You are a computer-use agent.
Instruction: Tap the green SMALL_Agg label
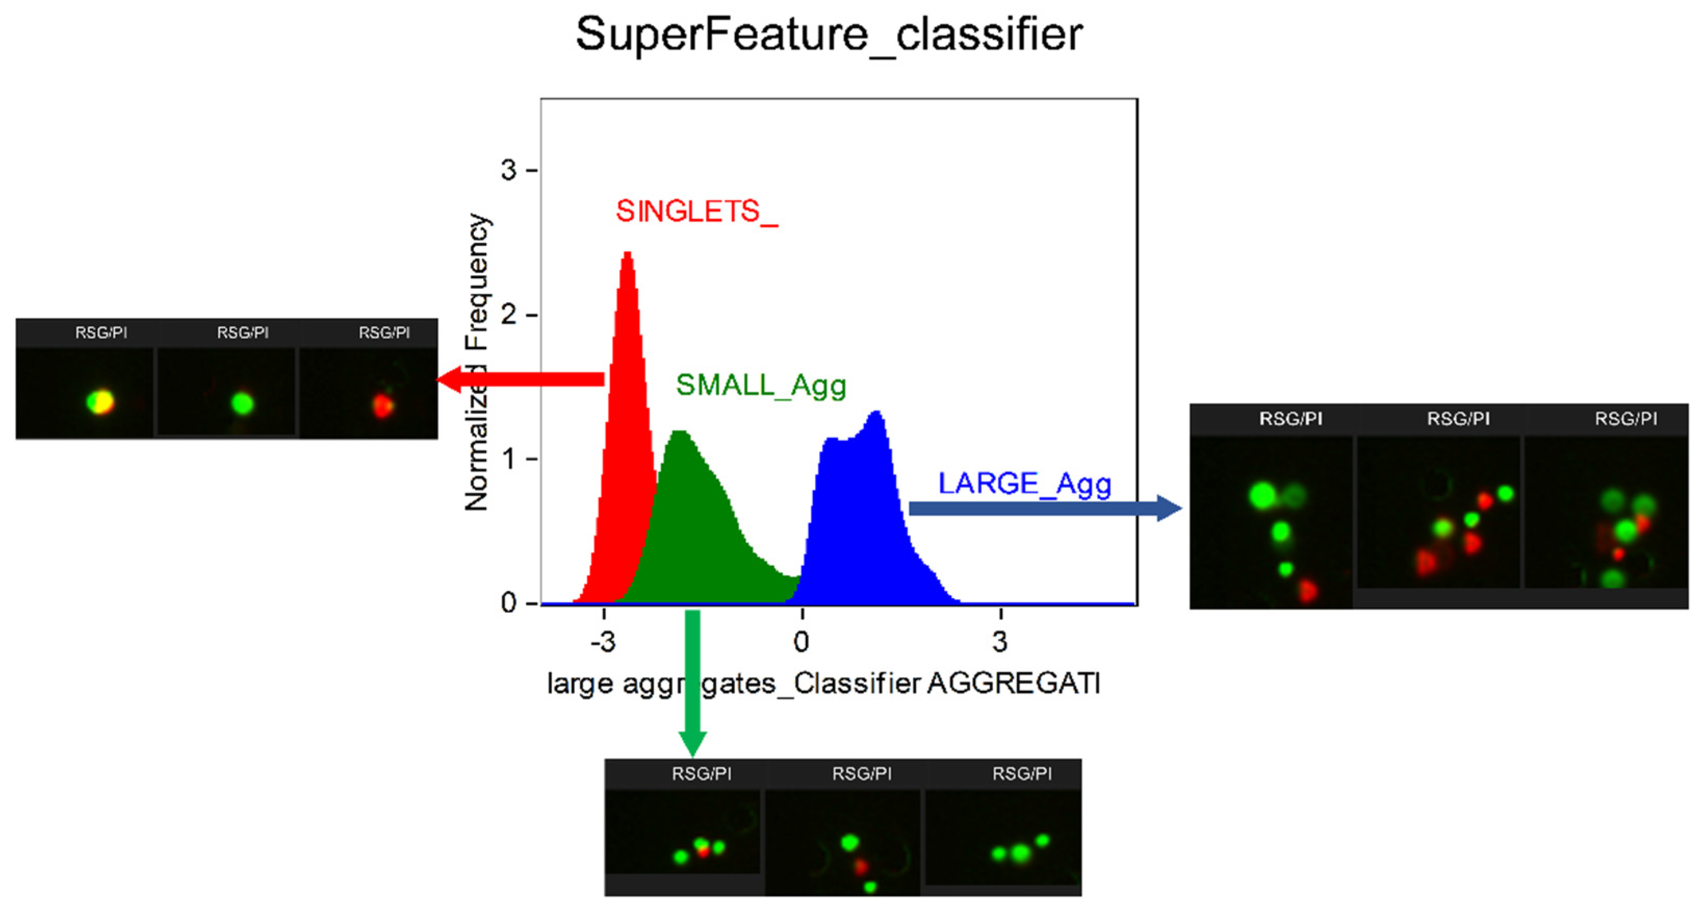(x=760, y=386)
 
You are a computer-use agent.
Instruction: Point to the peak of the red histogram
(x=628, y=254)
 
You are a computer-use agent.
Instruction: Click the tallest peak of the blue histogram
(x=877, y=414)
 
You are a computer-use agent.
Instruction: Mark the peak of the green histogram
(x=679, y=433)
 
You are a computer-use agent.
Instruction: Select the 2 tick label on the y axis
(x=508, y=315)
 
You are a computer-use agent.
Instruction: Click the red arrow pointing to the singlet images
(x=522, y=379)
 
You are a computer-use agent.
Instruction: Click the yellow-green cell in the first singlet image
(x=100, y=402)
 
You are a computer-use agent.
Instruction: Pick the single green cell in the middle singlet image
(x=242, y=403)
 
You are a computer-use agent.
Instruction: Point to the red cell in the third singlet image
(x=382, y=405)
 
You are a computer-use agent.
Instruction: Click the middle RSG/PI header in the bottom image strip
(x=862, y=773)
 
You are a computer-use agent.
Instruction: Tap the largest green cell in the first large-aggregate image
(x=1263, y=496)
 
